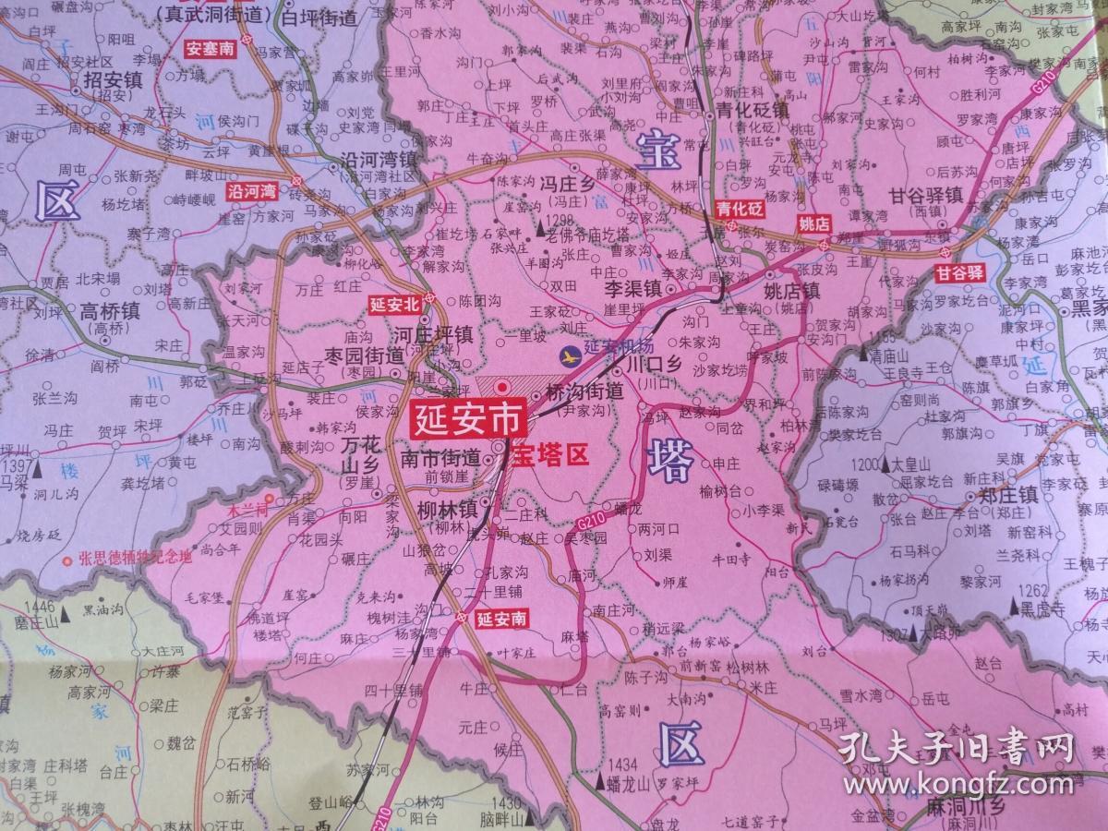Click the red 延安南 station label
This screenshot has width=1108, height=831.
point(502,619)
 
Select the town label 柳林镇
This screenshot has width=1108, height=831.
point(447,509)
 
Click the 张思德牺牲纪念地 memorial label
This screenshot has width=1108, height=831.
point(136,558)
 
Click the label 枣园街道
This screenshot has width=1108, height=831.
point(366,355)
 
